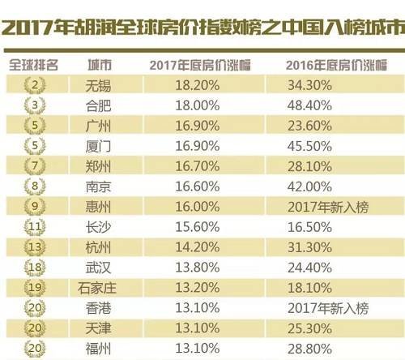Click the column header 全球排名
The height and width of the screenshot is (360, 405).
tap(33, 65)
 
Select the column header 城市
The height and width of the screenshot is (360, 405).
tap(100, 65)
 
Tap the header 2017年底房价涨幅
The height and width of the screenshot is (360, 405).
tap(200, 66)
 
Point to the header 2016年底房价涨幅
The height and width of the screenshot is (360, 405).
tap(336, 66)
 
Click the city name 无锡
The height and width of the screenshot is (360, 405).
tap(98, 86)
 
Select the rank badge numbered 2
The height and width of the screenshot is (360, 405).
tap(35, 85)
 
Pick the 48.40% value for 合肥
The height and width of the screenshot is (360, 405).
tap(309, 105)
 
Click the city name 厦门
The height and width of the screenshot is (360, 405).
tap(98, 147)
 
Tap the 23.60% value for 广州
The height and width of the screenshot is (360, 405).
tap(309, 126)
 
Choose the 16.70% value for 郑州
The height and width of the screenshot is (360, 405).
tap(198, 166)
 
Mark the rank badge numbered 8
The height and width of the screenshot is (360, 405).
tap(35, 186)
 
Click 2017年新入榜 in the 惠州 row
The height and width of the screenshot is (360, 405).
tap(328, 208)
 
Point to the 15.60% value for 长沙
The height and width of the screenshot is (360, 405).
tap(198, 227)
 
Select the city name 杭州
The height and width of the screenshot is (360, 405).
tap(98, 247)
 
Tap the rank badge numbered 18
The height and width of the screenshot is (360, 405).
tap(35, 268)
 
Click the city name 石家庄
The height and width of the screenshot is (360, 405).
tap(97, 288)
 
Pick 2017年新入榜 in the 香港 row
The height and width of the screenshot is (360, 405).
tap(328, 308)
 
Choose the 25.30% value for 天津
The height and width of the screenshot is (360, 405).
tap(309, 328)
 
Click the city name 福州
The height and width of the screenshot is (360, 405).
tap(98, 349)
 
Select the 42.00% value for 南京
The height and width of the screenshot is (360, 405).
tap(309, 186)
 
